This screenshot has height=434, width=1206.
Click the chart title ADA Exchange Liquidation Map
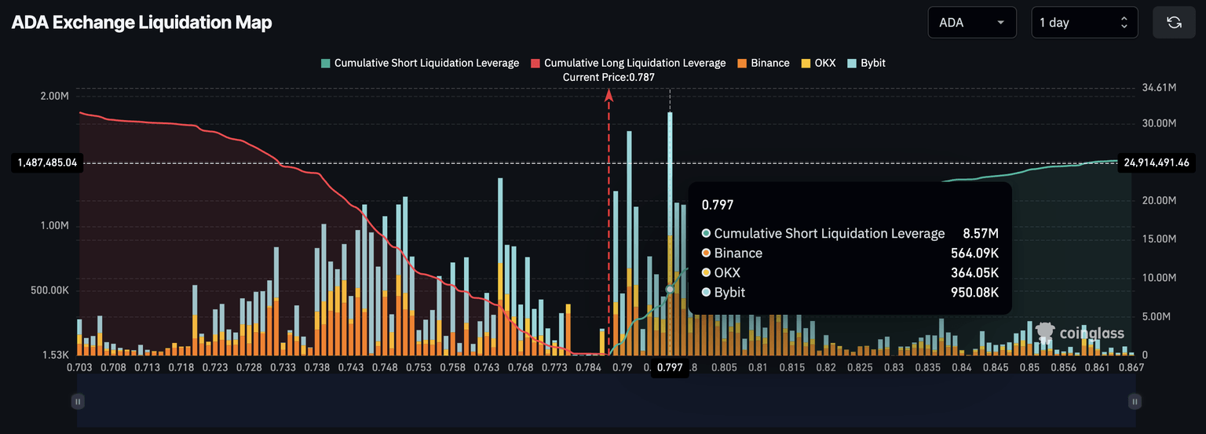[141, 23]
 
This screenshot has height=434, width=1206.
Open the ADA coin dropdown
[971, 23]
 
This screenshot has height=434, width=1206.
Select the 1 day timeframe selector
[1084, 23]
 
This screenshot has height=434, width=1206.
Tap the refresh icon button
[1174, 23]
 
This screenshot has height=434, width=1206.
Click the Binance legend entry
[763, 63]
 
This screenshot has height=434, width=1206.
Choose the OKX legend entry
[818, 63]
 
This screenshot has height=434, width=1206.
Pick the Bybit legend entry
[866, 63]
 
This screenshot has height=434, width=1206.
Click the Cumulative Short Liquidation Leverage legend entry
[420, 63]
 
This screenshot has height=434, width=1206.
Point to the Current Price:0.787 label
[608, 77]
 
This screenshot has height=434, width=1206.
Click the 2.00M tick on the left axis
[54, 96]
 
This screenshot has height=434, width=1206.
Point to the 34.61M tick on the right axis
[1159, 88]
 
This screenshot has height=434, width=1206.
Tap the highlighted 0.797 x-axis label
[670, 367]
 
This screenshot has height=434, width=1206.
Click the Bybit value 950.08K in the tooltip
[974, 293]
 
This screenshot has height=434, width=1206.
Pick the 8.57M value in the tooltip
[981, 234]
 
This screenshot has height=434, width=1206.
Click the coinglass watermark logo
[1080, 334]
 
